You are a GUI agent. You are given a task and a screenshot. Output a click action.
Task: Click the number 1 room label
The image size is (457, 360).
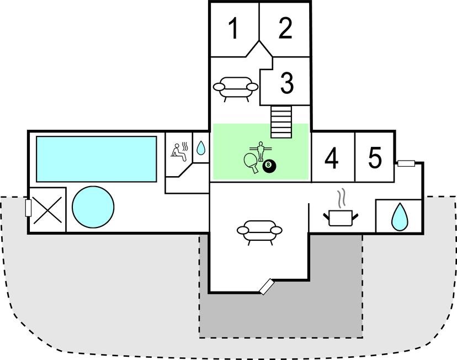pos(234,29)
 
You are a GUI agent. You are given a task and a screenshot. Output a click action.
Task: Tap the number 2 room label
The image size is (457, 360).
pos(285,29)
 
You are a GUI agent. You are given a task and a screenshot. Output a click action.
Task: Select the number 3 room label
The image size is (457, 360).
pos(286,83)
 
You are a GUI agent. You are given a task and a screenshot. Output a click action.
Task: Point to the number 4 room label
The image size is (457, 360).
pos(331,159)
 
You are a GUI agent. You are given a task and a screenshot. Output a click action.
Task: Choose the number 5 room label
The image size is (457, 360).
pos(375,158)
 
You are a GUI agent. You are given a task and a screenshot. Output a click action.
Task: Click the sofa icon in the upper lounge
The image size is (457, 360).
pos(236,87)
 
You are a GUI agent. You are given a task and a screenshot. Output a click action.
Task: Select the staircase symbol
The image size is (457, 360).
pos(281,122)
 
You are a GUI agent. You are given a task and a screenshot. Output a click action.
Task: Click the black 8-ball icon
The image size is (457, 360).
pos(269,165)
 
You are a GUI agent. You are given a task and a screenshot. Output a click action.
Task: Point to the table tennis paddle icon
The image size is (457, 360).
pos(250,161)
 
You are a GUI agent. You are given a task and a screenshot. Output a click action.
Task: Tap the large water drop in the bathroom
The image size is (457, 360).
pos(398,217)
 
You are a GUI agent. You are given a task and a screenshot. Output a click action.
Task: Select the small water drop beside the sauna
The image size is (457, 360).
pos(201,148)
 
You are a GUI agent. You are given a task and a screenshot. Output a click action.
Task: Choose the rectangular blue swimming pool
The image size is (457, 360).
pos(97,158)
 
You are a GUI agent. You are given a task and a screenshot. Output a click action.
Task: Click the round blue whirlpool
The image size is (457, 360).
pos(93,207)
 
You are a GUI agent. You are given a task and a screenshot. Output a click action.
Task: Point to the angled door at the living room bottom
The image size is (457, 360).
pos(268,286)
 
